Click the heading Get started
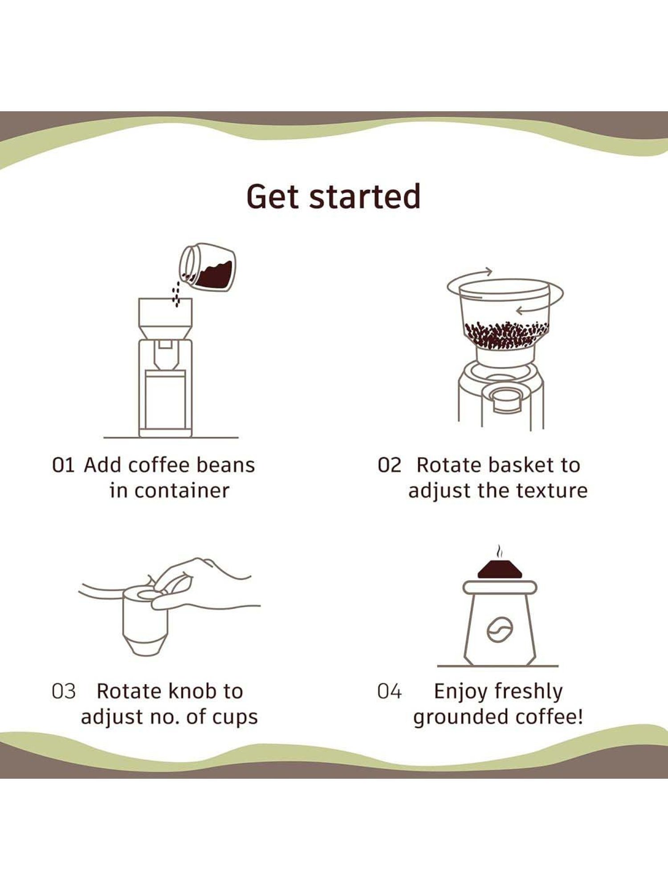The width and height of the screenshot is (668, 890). pyautogui.click(x=334, y=197)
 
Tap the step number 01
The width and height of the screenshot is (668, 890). pyautogui.click(x=63, y=465)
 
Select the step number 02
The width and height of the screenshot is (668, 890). pyautogui.click(x=389, y=465)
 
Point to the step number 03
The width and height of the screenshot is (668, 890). pyautogui.click(x=64, y=692)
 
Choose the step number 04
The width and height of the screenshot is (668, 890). pyautogui.click(x=389, y=692)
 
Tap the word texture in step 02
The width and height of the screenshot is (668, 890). pyautogui.click(x=552, y=491)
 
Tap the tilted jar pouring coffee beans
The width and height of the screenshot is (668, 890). pyautogui.click(x=208, y=267)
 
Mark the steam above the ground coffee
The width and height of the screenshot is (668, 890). pyautogui.click(x=500, y=552)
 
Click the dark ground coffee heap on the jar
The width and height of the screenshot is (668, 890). pyautogui.click(x=500, y=570)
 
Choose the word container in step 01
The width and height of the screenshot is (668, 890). pyautogui.click(x=182, y=491)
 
